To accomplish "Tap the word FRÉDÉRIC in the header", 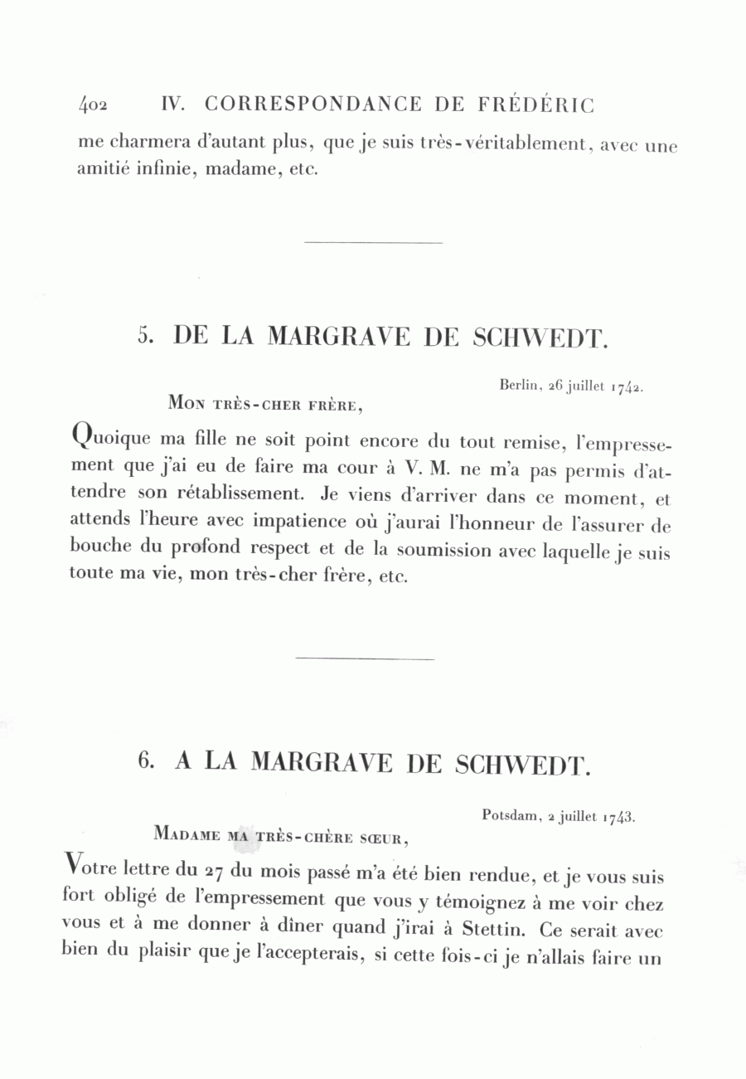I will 536,104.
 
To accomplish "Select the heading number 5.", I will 147,336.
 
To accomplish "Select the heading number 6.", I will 147,761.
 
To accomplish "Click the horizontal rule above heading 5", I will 374,242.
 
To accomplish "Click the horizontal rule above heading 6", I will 365,659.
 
